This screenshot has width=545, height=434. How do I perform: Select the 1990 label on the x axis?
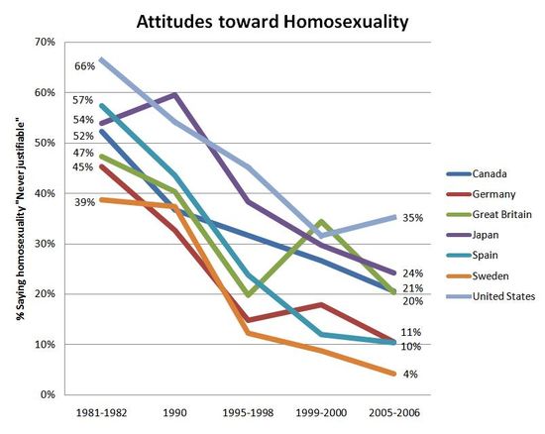(x=174, y=411)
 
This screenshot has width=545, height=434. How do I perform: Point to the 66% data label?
(x=84, y=65)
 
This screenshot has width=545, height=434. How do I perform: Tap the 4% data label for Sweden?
(x=409, y=374)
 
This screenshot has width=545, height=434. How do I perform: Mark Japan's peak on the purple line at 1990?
(x=174, y=95)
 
